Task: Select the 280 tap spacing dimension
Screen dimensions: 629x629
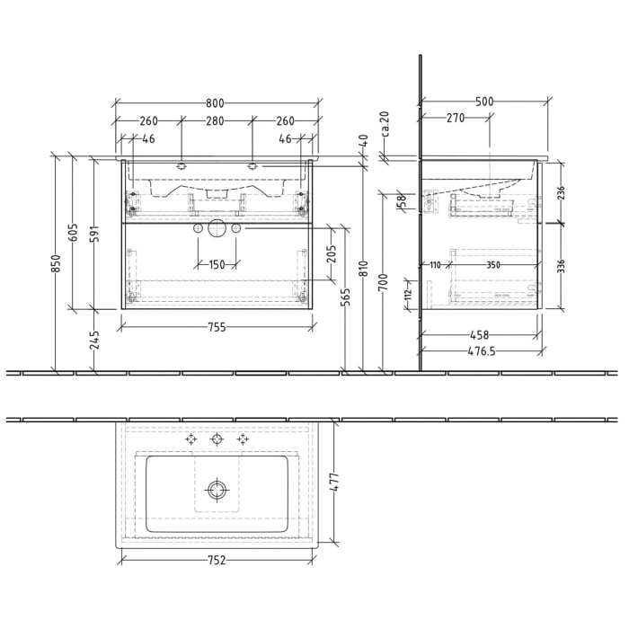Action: coord(216,121)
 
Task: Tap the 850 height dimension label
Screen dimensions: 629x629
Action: coord(56,262)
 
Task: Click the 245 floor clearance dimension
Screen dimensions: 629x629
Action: coord(93,339)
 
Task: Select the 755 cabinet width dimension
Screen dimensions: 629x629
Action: coord(217,328)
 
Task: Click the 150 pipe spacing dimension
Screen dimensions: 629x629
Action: coord(217,265)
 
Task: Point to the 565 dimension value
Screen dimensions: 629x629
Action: coord(345,297)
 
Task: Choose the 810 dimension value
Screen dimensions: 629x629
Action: coord(363,269)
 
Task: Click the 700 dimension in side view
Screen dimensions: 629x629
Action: coord(382,288)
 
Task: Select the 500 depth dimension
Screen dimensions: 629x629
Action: coord(484,102)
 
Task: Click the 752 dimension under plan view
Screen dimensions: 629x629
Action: coord(217,561)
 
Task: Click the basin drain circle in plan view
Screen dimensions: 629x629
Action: coord(216,489)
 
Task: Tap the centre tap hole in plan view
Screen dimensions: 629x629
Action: coord(216,439)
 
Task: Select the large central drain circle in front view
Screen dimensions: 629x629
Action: coord(216,229)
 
